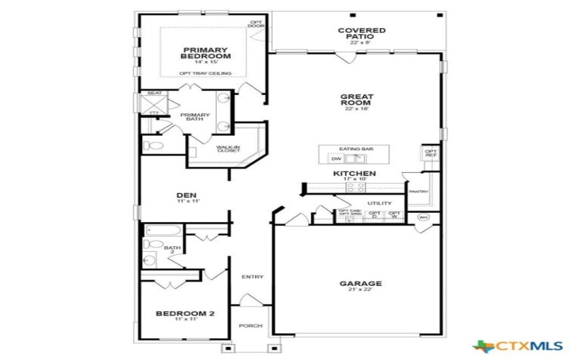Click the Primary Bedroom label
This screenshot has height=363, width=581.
[x=206, y=52]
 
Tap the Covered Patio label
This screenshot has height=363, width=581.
[x=362, y=34]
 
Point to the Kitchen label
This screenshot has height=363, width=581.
[x=354, y=174]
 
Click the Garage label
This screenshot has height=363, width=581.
[x=361, y=283]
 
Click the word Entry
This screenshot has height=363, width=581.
[x=253, y=277]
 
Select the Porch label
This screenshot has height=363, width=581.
[x=251, y=326]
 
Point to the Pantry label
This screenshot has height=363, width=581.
[x=418, y=192]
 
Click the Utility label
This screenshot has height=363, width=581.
[x=379, y=203]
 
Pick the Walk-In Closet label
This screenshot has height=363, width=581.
[x=228, y=149]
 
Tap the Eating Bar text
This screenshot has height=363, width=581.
[x=356, y=149]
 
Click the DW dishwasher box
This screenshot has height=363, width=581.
[x=336, y=158]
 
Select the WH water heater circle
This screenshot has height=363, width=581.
[x=423, y=217]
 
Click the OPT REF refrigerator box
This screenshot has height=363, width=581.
[x=431, y=154]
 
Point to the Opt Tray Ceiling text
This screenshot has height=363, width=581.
[x=205, y=73]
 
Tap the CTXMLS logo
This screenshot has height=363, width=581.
[x=508, y=346]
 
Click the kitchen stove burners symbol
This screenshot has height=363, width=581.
[x=354, y=187]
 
